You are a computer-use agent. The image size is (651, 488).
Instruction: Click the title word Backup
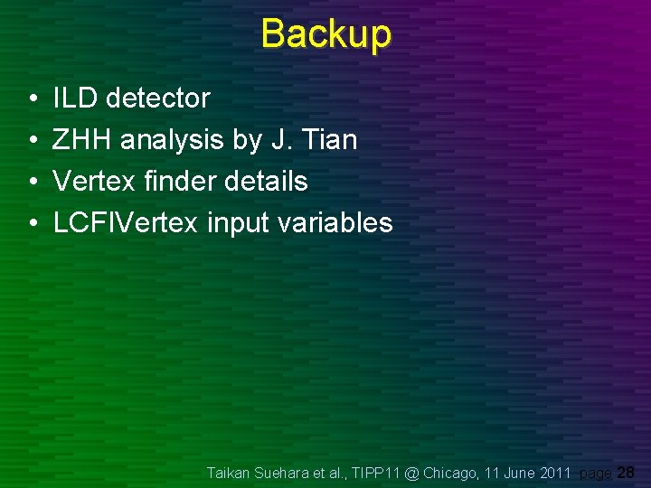325,34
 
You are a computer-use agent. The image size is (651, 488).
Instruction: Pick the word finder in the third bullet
175,181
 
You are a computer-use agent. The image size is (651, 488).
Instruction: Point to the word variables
335,222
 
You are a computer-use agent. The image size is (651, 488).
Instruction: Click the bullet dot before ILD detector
32,99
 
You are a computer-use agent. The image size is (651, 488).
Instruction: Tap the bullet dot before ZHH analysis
32,141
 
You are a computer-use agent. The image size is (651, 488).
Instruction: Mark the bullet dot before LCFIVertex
32,223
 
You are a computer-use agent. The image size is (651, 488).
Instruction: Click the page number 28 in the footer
625,472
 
